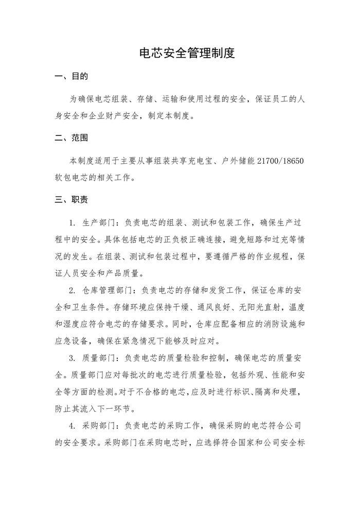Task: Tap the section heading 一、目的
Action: coord(71,77)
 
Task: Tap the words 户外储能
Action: coord(239,161)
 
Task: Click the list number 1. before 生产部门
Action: coord(72,222)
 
